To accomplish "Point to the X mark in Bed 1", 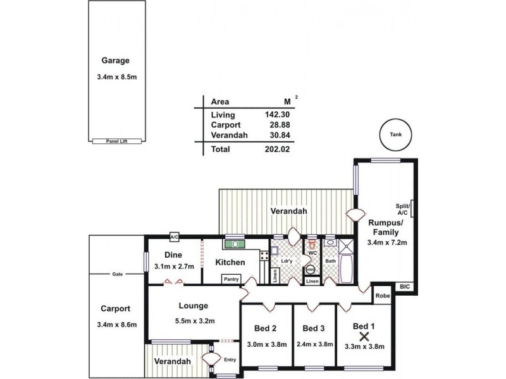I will coord(364,335).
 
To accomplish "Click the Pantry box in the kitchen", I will coord(230,279).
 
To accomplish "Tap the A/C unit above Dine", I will coord(175,237).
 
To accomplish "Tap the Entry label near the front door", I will coord(230,359).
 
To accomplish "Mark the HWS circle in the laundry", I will coord(310,269).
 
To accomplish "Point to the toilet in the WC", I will coord(311,245).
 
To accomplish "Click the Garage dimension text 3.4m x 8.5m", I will coord(116,78).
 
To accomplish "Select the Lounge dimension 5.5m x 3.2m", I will coord(194,321).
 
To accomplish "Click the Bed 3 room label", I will coord(314,328).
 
